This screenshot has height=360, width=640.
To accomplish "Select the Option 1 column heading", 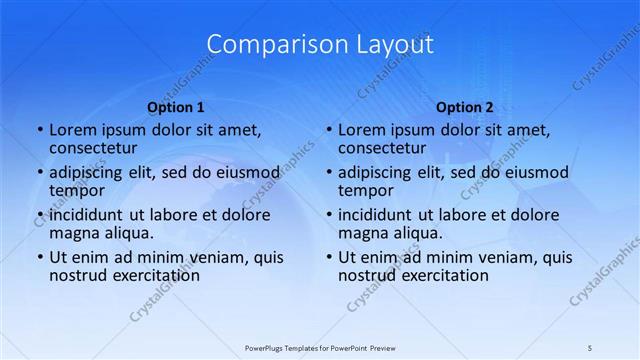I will (x=176, y=106).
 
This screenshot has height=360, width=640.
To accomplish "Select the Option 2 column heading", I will (x=465, y=106).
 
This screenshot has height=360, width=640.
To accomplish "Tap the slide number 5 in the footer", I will (x=590, y=347).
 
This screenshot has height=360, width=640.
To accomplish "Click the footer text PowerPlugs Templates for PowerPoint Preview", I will (x=320, y=347).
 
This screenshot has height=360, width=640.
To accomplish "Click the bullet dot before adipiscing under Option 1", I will (x=39, y=173).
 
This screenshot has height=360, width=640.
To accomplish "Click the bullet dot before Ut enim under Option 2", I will (x=328, y=258).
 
